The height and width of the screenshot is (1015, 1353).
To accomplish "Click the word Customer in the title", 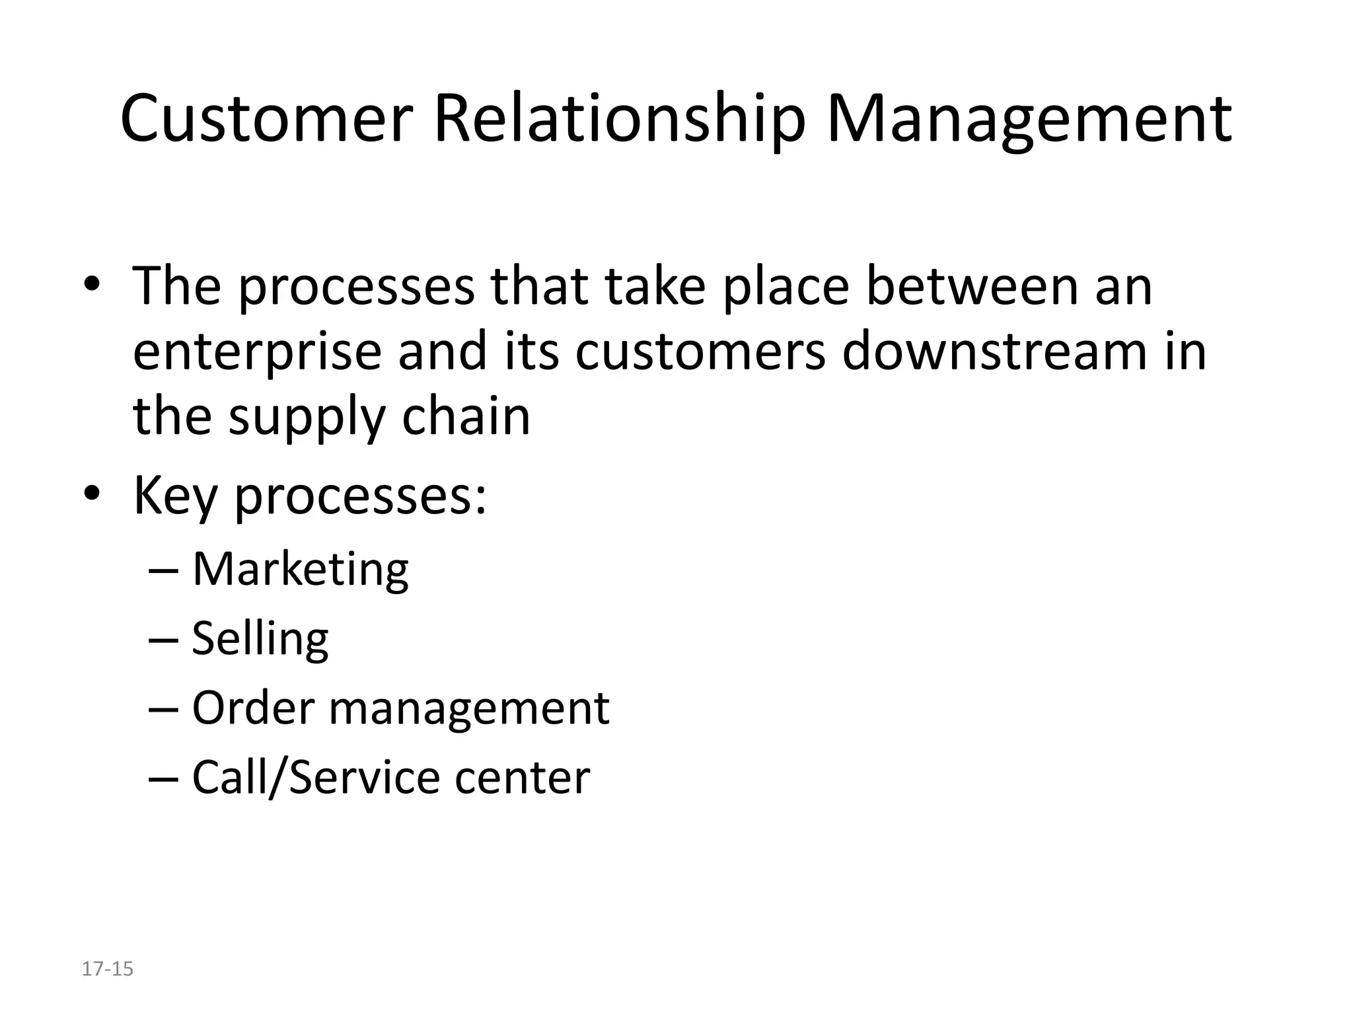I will click(x=266, y=119).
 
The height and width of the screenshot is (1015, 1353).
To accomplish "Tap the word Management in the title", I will click(x=1029, y=119).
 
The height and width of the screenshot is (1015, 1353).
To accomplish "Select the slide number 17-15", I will click(x=107, y=969).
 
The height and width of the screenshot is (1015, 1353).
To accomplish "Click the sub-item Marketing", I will click(x=301, y=569).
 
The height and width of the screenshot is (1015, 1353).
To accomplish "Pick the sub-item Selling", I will click(x=260, y=638).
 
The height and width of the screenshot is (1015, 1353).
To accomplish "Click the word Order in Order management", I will click(x=253, y=708).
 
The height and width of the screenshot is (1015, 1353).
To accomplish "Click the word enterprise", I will click(x=257, y=352).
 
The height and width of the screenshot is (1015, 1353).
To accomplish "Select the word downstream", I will click(x=994, y=351).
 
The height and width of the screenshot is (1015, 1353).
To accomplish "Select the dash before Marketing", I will click(x=165, y=570).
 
